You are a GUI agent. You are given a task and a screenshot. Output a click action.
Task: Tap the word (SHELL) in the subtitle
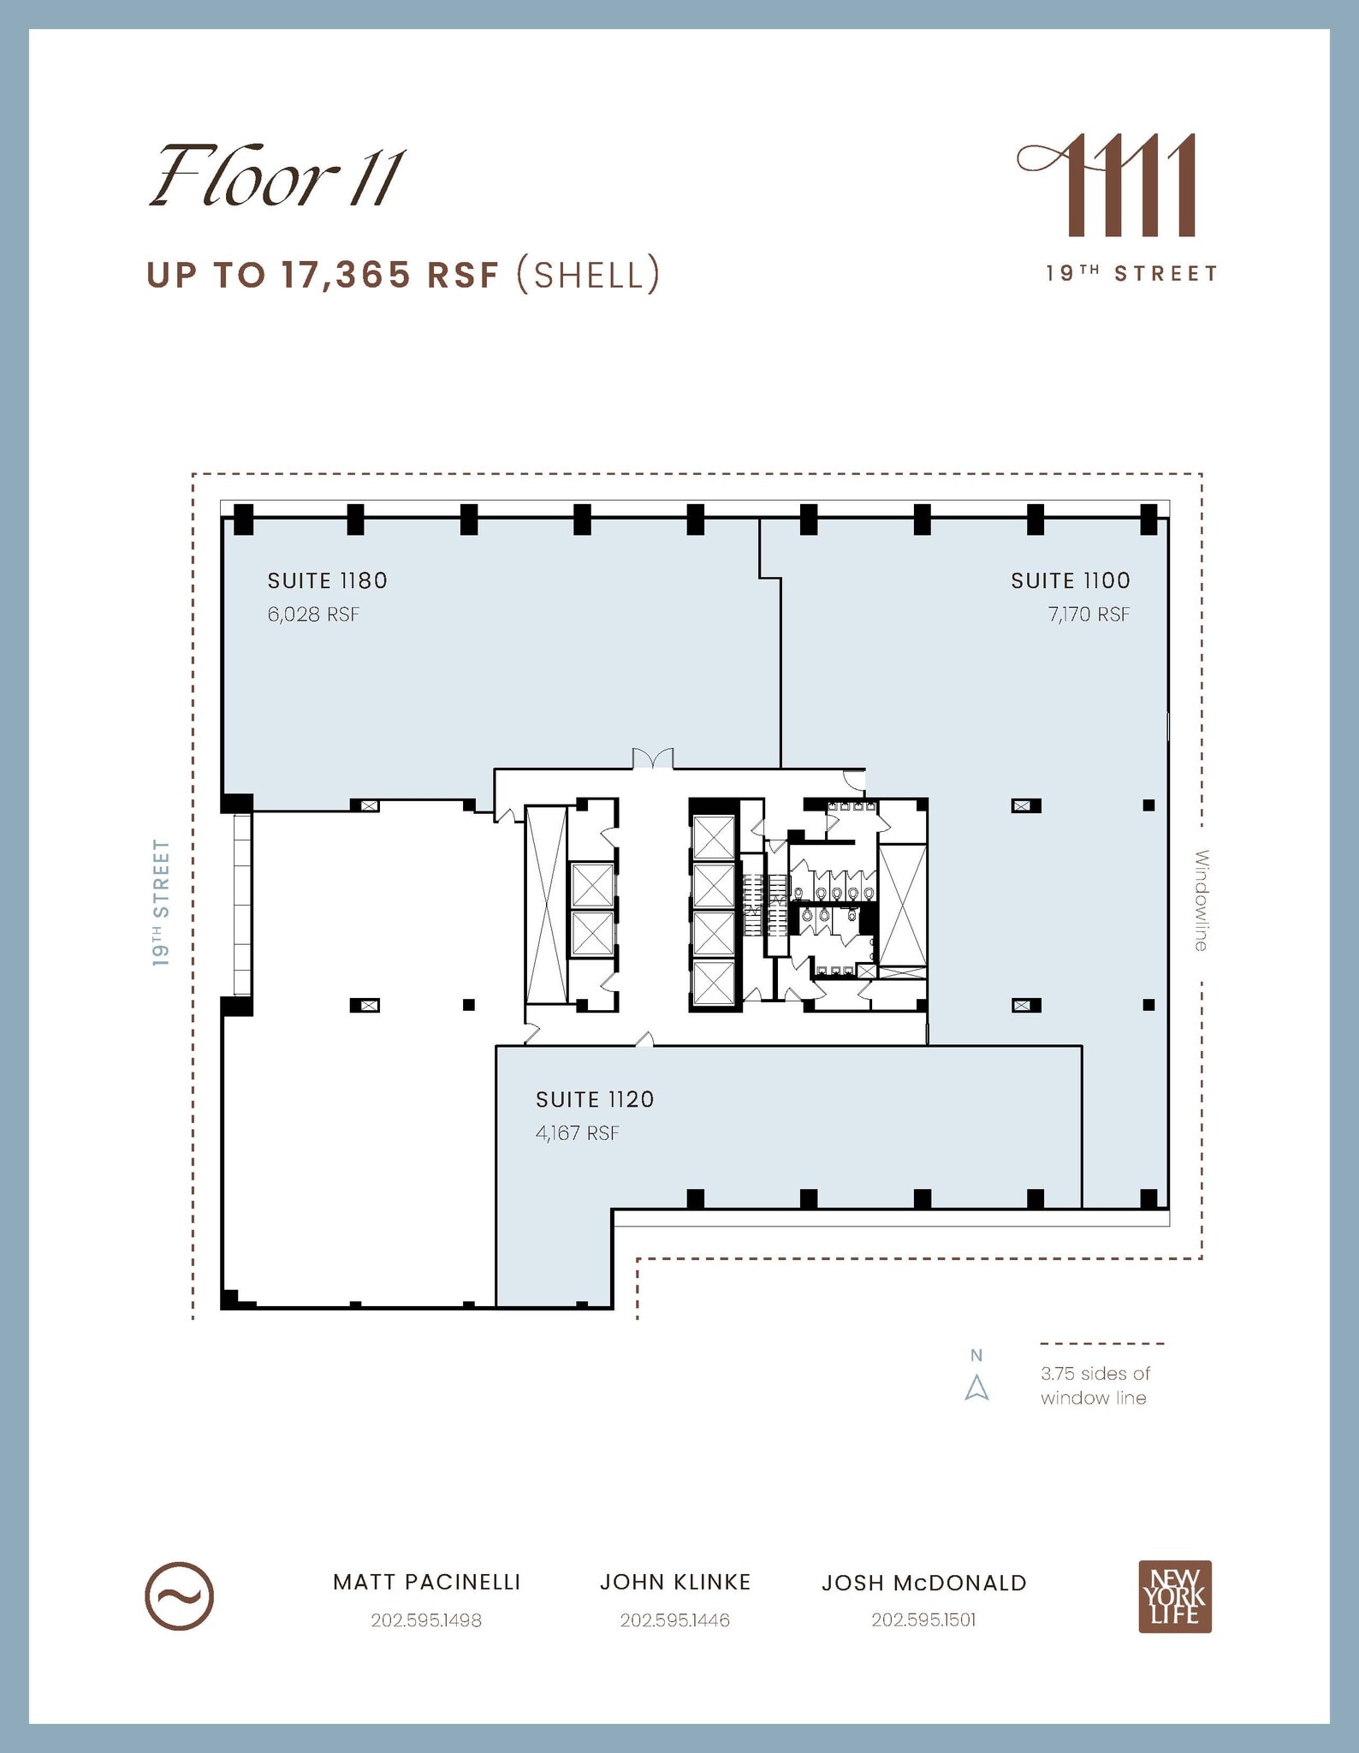[588, 275]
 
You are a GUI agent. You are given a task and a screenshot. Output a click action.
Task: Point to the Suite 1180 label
[327, 580]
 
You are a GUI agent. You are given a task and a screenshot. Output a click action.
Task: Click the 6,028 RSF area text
[313, 615]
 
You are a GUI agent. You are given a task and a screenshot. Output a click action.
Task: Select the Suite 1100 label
[1070, 580]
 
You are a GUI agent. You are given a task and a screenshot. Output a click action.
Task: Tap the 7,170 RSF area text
[1089, 615]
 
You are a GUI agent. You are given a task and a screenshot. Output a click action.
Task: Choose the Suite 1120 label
[595, 1099]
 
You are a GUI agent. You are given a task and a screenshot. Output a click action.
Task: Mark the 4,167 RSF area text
[577, 1133]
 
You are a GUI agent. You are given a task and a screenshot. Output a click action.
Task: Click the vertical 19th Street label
[161, 903]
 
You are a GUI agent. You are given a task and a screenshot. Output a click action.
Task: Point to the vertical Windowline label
[1201, 900]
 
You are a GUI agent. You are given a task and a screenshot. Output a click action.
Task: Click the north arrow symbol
[976, 1388]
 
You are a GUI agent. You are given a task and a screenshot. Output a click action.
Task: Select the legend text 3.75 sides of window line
[1095, 1385]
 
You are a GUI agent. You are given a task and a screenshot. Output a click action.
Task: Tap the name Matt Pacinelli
[426, 1582]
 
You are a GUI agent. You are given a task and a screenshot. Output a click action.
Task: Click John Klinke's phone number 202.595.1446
[674, 1620]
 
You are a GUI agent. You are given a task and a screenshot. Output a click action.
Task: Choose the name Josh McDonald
[923, 1583]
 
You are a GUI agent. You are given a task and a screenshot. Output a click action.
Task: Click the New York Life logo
[1174, 1596]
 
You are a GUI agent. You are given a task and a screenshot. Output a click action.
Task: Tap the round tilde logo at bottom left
[179, 1596]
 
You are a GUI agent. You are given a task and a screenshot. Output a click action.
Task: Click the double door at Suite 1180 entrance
[652, 758]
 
